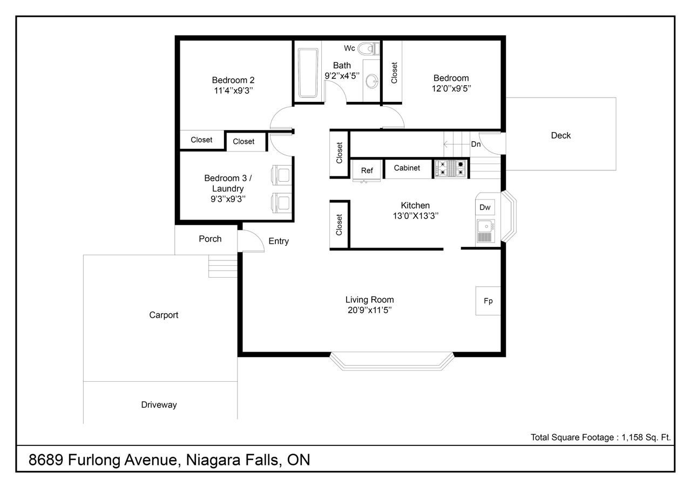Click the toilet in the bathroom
tap(369, 49)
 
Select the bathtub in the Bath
tap(308, 73)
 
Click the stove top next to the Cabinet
tap(451, 168)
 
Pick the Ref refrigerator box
tap(367, 170)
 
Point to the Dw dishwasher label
tap(485, 208)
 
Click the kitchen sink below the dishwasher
tap(486, 231)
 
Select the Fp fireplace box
tap(488, 301)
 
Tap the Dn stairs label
tap(476, 144)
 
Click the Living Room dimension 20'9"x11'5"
tap(370, 310)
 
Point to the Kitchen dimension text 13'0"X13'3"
tap(415, 216)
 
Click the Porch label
tap(210, 239)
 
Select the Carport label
tap(164, 315)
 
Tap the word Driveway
tap(159, 404)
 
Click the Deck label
tap(561, 135)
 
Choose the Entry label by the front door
tap(279, 241)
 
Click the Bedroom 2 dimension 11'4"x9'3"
tap(234, 91)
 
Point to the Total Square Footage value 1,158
tap(632, 437)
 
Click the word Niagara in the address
tap(213, 460)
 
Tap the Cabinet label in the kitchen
tap(407, 168)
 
